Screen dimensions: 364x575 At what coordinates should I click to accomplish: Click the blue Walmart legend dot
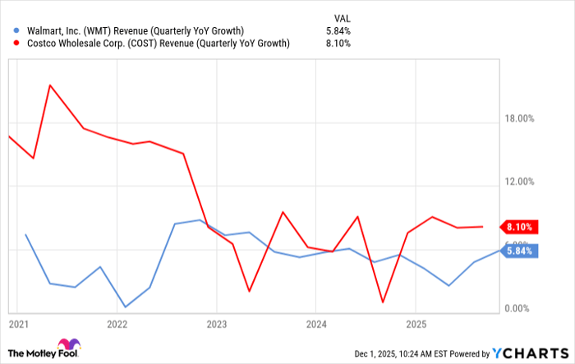coord(9,31)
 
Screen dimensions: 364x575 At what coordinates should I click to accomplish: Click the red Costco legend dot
coord(9,44)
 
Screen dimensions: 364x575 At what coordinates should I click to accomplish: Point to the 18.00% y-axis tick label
coord(518,118)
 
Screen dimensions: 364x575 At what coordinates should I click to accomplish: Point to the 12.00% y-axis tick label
coord(518,182)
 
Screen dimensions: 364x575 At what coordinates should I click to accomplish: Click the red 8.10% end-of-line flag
coord(520,227)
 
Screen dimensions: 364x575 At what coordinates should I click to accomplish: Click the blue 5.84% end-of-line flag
coord(520,251)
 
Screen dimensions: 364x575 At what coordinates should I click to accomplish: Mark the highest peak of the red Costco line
coord(50,85)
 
